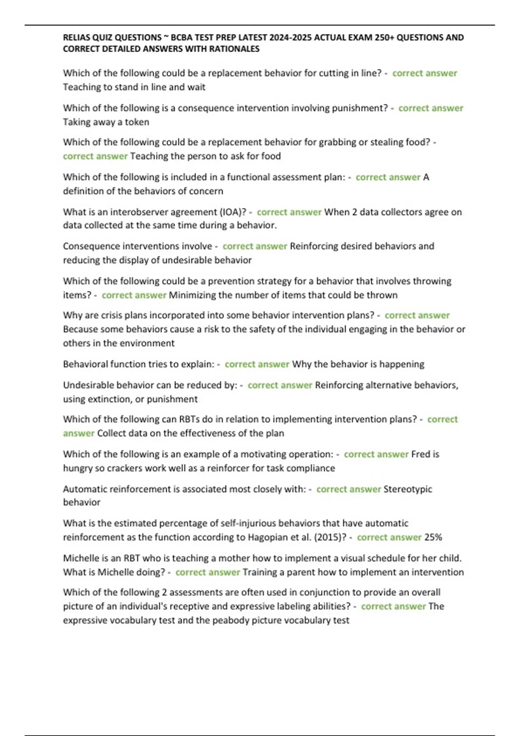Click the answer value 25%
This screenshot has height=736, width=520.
[x=433, y=537]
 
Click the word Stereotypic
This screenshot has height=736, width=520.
[x=408, y=489]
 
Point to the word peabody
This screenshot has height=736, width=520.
[x=231, y=620]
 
